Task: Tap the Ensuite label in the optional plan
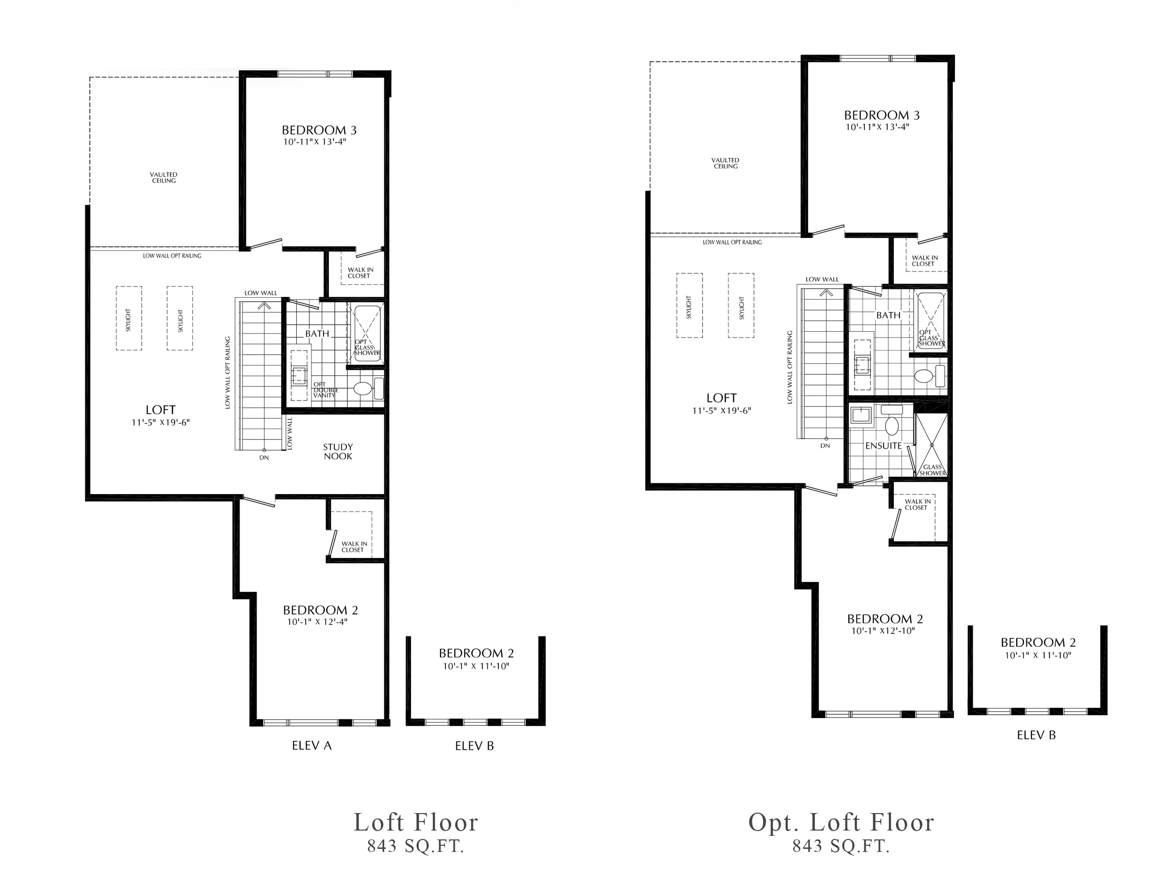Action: click(x=883, y=445)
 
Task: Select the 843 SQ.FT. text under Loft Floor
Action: click(x=416, y=846)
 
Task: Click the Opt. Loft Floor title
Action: click(x=841, y=823)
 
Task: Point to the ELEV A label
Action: click(x=312, y=746)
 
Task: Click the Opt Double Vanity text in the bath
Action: click(x=325, y=390)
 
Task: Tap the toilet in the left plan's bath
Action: click(x=362, y=389)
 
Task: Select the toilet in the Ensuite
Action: click(x=892, y=426)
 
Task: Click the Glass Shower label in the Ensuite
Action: click(x=932, y=470)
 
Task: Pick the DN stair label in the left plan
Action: click(x=264, y=457)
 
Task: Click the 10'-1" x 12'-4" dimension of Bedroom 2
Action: click(x=318, y=622)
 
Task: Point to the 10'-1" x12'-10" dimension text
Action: click(x=883, y=631)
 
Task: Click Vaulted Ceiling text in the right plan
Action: click(x=725, y=163)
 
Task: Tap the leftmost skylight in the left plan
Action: click(x=128, y=318)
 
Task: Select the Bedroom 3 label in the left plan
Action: click(x=319, y=130)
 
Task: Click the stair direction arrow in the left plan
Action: click(x=263, y=305)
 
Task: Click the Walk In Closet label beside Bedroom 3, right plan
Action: click(x=924, y=261)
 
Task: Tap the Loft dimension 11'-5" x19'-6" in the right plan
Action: click(x=721, y=411)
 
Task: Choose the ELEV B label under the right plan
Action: click(x=1036, y=735)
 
